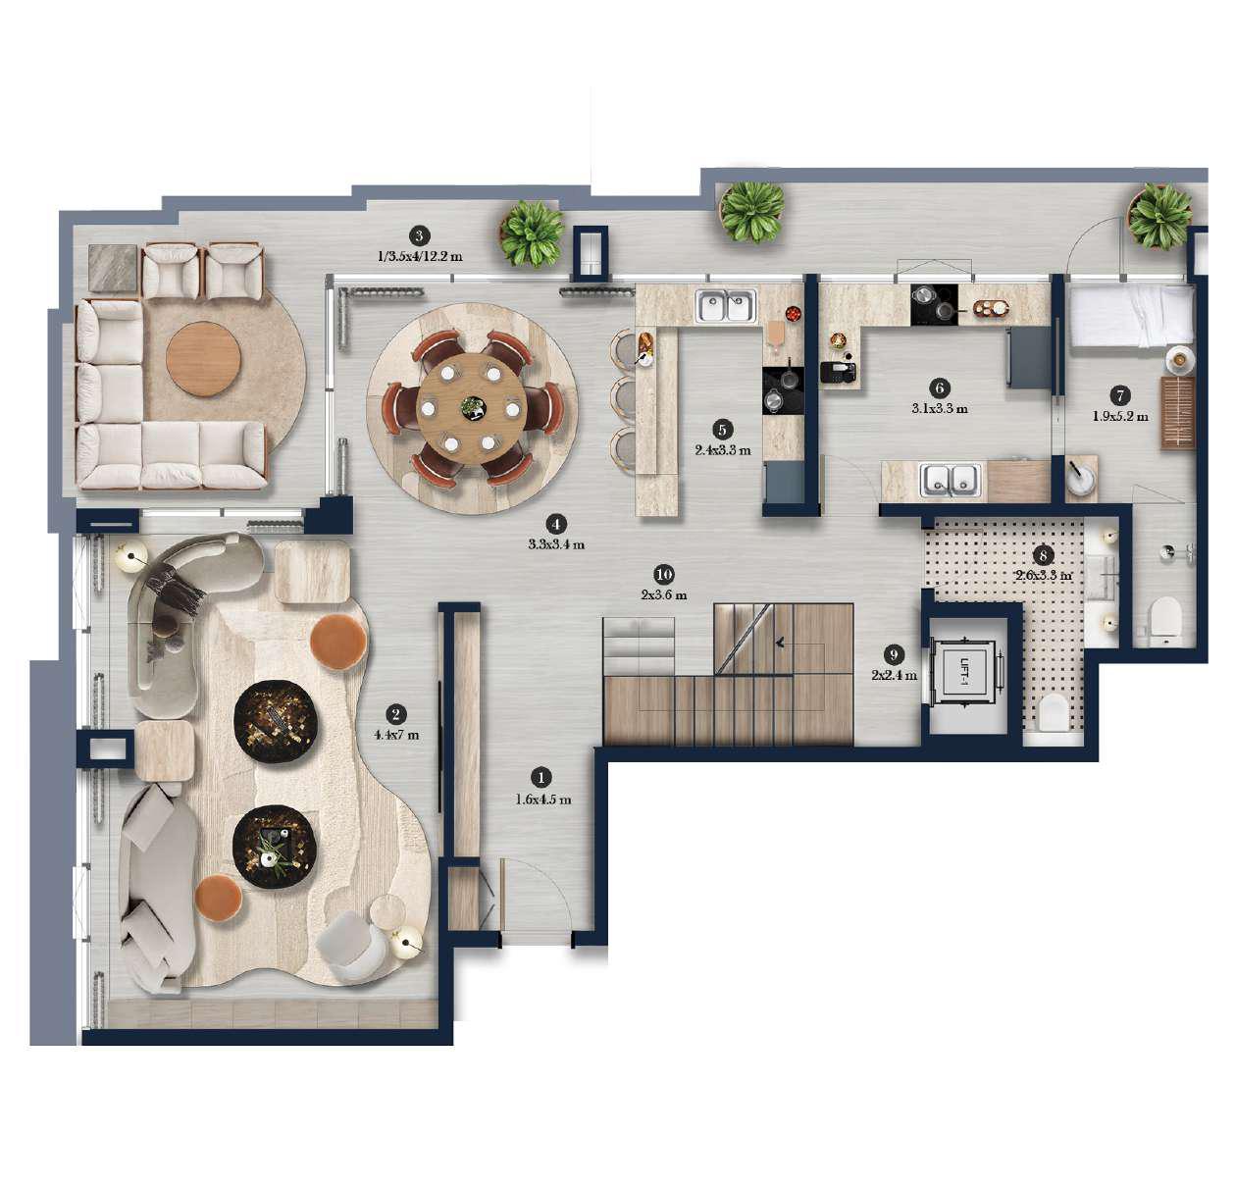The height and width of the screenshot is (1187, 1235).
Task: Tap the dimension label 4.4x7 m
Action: pyautogui.click(x=395, y=734)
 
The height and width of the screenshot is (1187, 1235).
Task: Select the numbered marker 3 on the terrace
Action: pyautogui.click(x=419, y=235)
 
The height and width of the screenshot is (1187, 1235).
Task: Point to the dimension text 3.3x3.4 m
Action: pyautogui.click(x=556, y=543)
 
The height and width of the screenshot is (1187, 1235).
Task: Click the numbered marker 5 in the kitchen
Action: pyautogui.click(x=722, y=430)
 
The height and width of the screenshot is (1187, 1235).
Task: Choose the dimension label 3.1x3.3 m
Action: pyautogui.click(x=939, y=408)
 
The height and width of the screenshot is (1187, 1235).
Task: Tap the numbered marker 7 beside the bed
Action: pyautogui.click(x=1119, y=395)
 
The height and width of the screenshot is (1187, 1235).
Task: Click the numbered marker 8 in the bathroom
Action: pyautogui.click(x=1044, y=555)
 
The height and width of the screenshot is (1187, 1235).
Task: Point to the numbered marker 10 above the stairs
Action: pyautogui.click(x=664, y=574)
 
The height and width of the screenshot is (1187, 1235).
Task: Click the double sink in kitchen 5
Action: pyautogui.click(x=725, y=306)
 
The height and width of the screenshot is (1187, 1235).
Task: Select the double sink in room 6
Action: pyautogui.click(x=950, y=481)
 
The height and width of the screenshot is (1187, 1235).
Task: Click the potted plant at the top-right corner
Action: pyautogui.click(x=1159, y=216)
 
